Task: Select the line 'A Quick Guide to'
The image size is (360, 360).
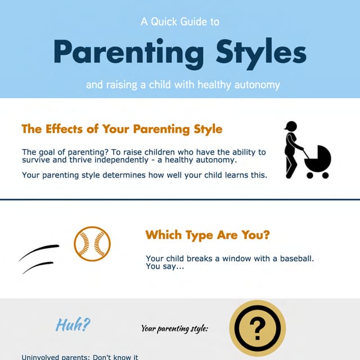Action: pyautogui.click(x=179, y=22)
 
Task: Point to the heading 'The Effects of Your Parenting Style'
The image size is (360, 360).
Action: pyautogui.click(x=121, y=129)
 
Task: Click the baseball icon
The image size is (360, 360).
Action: pyautogui.click(x=92, y=244)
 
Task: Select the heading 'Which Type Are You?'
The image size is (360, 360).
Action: pyautogui.click(x=207, y=235)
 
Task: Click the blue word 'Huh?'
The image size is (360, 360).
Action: pyautogui.click(x=73, y=325)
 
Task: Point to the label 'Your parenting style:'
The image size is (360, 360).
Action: pyautogui.click(x=174, y=328)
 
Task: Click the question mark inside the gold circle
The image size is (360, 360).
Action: pyautogui.click(x=257, y=327)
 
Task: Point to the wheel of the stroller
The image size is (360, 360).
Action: pyautogui.click(x=324, y=174)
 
